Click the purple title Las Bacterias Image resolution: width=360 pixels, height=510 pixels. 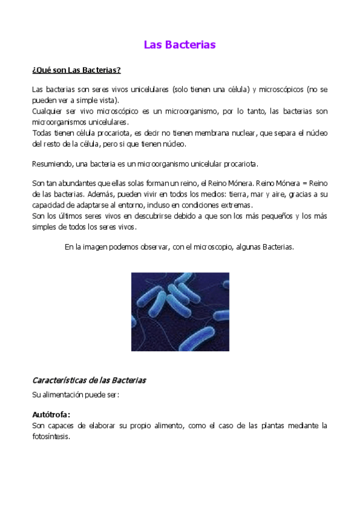tap(180, 45)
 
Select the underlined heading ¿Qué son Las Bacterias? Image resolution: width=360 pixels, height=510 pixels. tap(76, 70)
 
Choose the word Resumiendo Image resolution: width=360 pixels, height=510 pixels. tap(50, 164)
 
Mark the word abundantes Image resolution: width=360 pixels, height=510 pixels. tap(72, 183)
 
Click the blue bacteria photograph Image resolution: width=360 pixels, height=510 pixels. tap(180, 312)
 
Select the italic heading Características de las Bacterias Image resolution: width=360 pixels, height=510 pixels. tap(89, 381)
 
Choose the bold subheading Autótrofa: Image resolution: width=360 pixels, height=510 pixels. tap(51, 414)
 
